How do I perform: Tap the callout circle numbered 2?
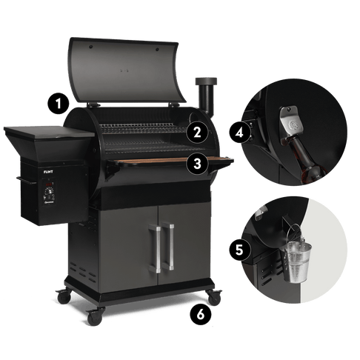point(196,133)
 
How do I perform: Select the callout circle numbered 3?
point(196,164)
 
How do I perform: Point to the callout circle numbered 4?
point(238,133)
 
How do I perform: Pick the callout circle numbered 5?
point(238,250)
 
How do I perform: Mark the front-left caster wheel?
point(94,316)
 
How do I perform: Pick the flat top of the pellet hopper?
point(48,133)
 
